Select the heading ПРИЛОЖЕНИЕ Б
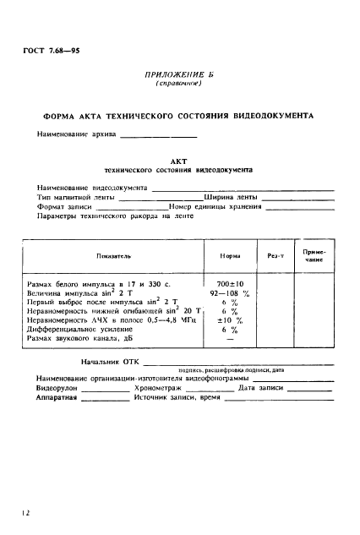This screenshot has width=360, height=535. (177, 75)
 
